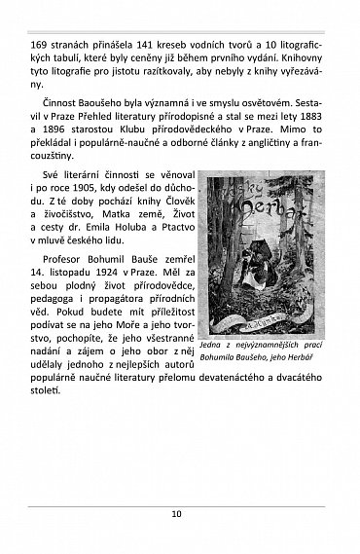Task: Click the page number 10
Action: [x=179, y=515]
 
